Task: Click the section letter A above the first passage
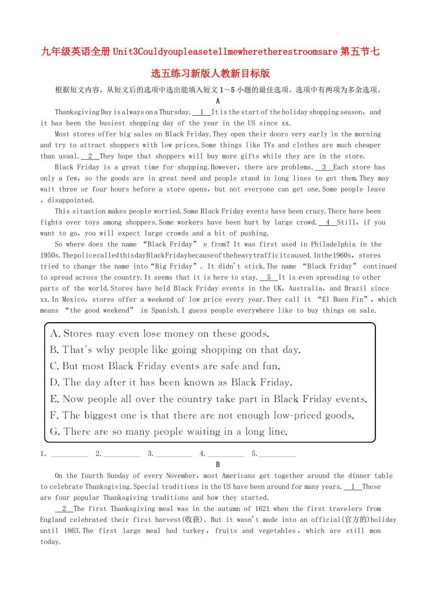coord(218,101)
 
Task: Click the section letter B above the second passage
coord(218,465)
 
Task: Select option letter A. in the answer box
coord(55,334)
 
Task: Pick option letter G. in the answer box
coord(55,431)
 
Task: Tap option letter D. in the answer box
coord(55,382)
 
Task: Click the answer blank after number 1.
coord(70,454)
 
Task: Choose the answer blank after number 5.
coord(277,454)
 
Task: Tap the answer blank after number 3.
coord(173,454)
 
